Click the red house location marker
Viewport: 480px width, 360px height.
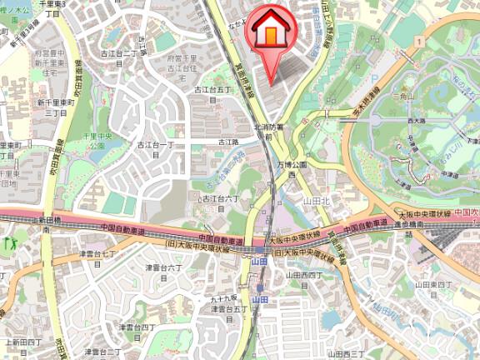270,33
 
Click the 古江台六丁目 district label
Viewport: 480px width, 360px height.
221,202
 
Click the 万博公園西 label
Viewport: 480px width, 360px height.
292,170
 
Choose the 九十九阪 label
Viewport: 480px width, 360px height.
226,297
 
